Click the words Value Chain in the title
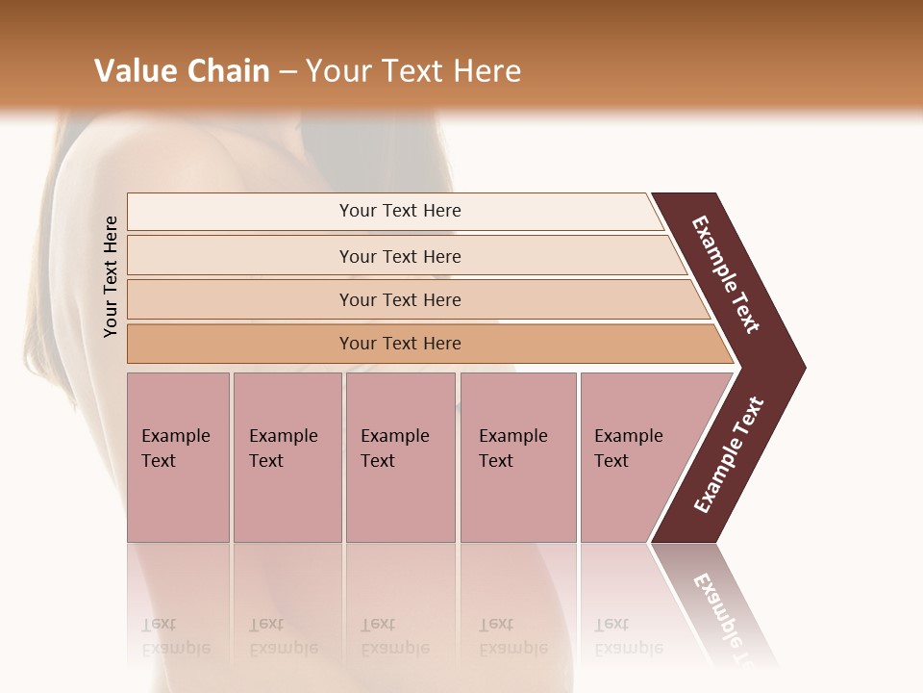pyautogui.click(x=182, y=71)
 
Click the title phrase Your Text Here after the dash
pyautogui.click(x=413, y=71)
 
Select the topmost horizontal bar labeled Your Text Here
pyautogui.click(x=400, y=211)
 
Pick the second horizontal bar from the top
pyautogui.click(x=400, y=256)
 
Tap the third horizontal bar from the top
pyautogui.click(x=400, y=299)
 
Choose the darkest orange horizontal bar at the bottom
pyautogui.click(x=400, y=344)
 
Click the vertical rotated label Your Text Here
pyautogui.click(x=111, y=276)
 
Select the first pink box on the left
pyautogui.click(x=178, y=457)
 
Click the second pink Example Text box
pyautogui.click(x=287, y=457)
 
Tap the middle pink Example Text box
pyautogui.click(x=400, y=457)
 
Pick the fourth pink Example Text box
pyautogui.click(x=517, y=457)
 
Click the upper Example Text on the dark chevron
pyautogui.click(x=726, y=274)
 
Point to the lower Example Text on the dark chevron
pyautogui.click(x=728, y=455)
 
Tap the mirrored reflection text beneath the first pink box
pyautogui.click(x=175, y=636)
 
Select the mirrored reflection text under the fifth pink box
pyautogui.click(x=628, y=636)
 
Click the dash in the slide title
pyautogui.click(x=287, y=72)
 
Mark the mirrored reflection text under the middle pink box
pyautogui.click(x=394, y=636)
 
